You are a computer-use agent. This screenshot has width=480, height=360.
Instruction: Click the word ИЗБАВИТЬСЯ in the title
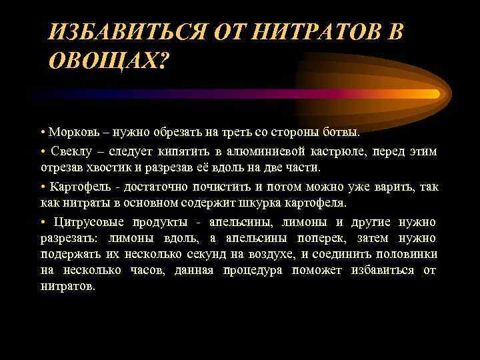(x=126, y=32)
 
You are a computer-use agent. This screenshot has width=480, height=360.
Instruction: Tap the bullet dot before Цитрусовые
(x=42, y=222)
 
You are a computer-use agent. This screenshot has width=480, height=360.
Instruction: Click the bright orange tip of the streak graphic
(x=433, y=93)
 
